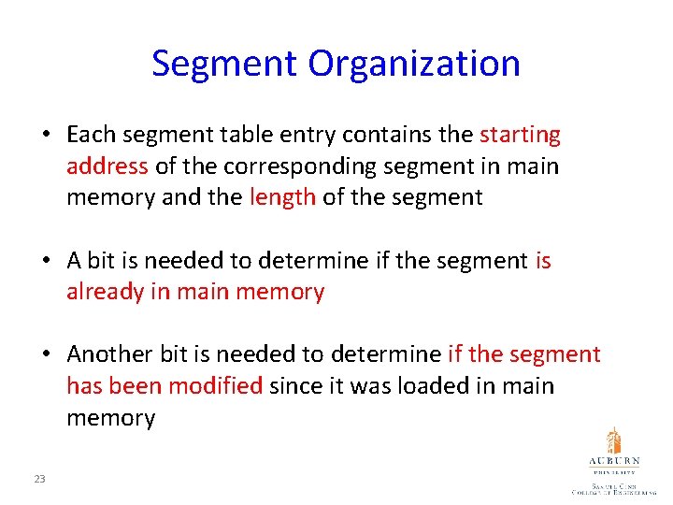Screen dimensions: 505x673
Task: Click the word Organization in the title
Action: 415,64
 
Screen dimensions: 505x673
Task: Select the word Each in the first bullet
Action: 92,135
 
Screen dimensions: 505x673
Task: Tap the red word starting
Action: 520,135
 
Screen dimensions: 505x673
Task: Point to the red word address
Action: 107,166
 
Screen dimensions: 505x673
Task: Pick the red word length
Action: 282,197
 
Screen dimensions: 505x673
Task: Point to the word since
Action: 291,386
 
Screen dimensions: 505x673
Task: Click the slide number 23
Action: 39,479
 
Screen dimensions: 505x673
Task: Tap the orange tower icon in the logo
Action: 613,441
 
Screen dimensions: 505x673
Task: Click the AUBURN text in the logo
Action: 613,462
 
